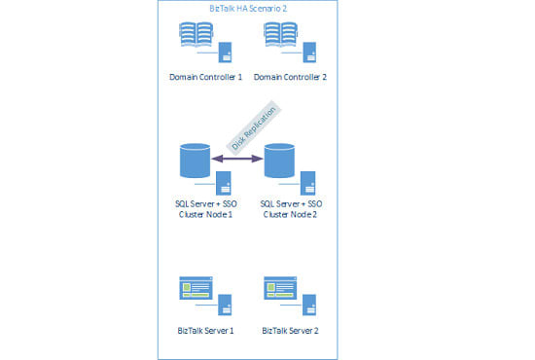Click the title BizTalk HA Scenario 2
tap(247, 9)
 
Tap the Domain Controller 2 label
tap(289, 76)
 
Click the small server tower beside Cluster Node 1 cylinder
tap(223, 182)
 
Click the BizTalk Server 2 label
tap(289, 331)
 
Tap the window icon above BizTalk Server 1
tap(197, 288)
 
